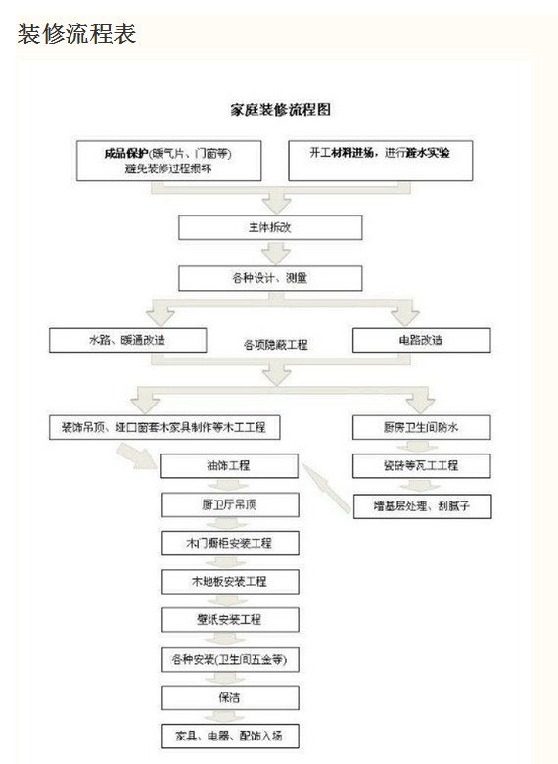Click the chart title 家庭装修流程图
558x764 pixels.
click(279, 110)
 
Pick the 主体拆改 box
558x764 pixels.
click(270, 227)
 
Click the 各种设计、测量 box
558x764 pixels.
click(270, 277)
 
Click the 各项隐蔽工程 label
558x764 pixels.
click(276, 345)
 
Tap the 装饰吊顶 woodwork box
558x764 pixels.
click(164, 427)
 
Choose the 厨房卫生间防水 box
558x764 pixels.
click(421, 427)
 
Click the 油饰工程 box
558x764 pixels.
click(229, 466)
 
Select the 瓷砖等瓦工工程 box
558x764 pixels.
click(421, 465)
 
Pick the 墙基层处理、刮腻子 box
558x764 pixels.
click(421, 505)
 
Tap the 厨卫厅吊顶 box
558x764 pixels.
click(229, 505)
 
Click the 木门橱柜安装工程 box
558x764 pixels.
click(229, 544)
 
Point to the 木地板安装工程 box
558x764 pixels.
click(229, 582)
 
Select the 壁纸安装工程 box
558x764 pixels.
click(229, 620)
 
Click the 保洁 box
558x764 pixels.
click(229, 697)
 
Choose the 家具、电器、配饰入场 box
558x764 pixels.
click(229, 735)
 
